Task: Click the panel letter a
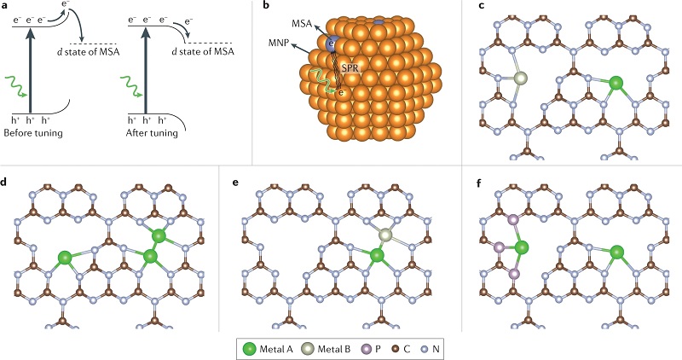pyautogui.click(x=4, y=8)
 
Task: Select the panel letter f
pyautogui.click(x=480, y=183)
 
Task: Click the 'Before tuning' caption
pyautogui.click(x=33, y=132)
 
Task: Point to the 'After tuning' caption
pyautogui.click(x=152, y=132)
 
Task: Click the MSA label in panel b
pyautogui.click(x=303, y=24)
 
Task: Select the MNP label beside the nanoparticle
pyautogui.click(x=278, y=43)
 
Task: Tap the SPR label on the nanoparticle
pyautogui.click(x=350, y=69)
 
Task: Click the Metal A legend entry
pyautogui.click(x=268, y=348)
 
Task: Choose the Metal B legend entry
pyautogui.click(x=327, y=348)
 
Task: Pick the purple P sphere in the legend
pyautogui.click(x=365, y=348)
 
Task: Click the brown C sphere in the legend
pyautogui.click(x=396, y=348)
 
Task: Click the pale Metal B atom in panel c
pyautogui.click(x=520, y=78)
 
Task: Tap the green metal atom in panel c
pyautogui.click(x=616, y=82)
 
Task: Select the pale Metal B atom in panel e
pyautogui.click(x=385, y=235)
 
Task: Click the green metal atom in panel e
pyautogui.click(x=377, y=255)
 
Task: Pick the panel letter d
pyautogui.click(x=4, y=183)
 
